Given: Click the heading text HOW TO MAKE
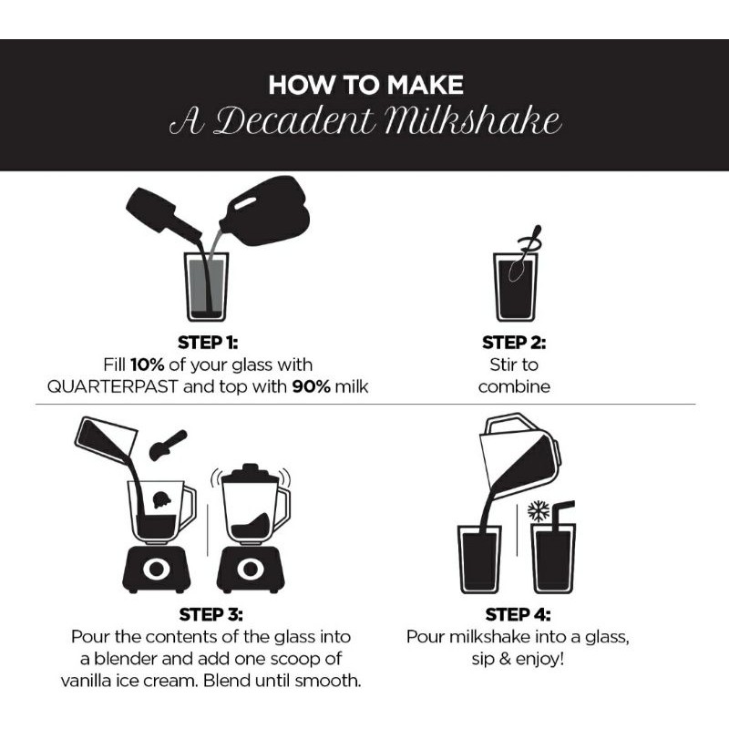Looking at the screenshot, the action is click(365, 85).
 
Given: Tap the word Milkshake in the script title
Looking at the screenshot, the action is click(473, 122).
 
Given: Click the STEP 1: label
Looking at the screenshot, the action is click(208, 343).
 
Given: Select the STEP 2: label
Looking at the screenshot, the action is click(514, 343).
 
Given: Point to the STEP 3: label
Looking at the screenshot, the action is click(210, 614).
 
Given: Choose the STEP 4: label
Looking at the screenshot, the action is click(518, 614).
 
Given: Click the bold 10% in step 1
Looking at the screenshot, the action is click(147, 364).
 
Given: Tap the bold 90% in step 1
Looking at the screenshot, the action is click(311, 386).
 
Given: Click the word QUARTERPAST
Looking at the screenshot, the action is click(112, 386).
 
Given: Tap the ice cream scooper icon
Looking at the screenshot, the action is click(168, 445).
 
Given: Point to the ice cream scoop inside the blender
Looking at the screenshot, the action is click(162, 499).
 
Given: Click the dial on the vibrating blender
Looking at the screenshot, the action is click(250, 568).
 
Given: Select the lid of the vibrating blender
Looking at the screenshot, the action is click(250, 473).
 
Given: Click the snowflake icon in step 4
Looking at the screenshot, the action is click(539, 511).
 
